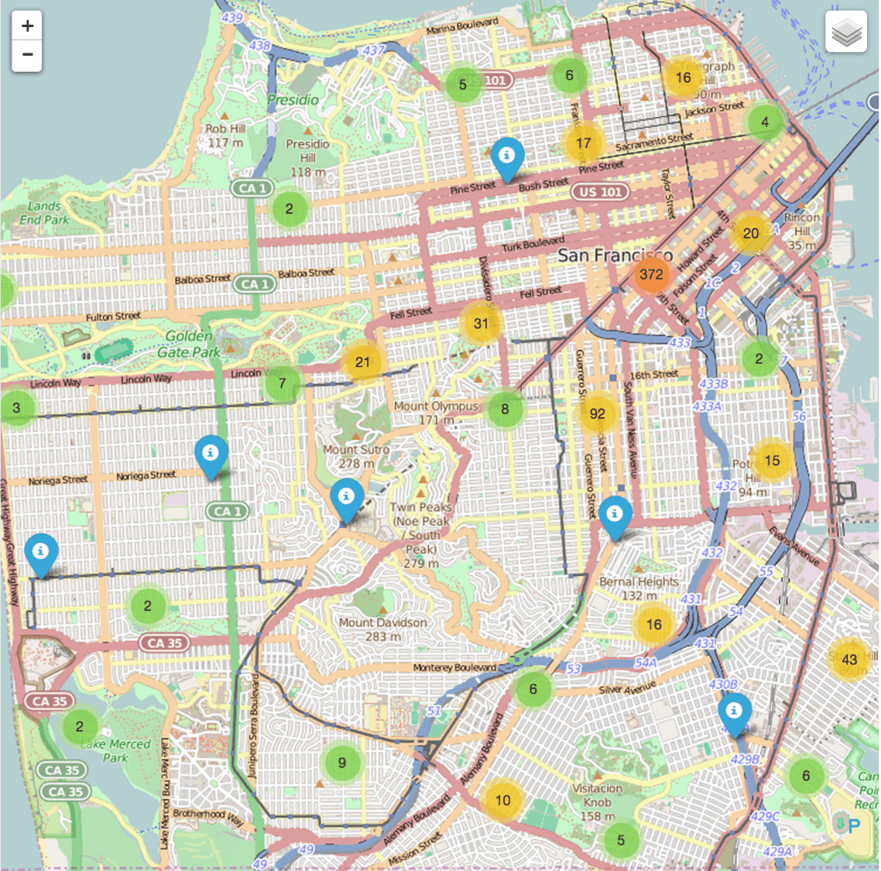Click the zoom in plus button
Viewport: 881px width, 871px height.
tap(27, 26)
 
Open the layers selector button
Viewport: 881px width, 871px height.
tap(846, 33)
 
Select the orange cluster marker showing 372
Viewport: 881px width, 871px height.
tap(651, 275)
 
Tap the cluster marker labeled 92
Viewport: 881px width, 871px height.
tap(597, 414)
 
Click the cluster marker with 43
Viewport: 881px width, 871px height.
tap(849, 660)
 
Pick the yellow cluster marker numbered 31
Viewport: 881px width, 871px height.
tap(481, 324)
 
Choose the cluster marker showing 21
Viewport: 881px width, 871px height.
tap(362, 362)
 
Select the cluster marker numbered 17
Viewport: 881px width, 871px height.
tap(583, 143)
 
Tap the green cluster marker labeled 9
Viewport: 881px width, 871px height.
tap(341, 763)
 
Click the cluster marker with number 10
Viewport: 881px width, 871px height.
tap(502, 801)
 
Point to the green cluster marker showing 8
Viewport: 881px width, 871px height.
tap(505, 410)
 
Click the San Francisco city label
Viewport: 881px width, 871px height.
tap(615, 255)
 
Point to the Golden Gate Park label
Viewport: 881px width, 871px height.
tap(189, 345)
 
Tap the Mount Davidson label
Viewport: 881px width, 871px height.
tap(382, 629)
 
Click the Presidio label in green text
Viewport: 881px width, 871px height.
tap(293, 100)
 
